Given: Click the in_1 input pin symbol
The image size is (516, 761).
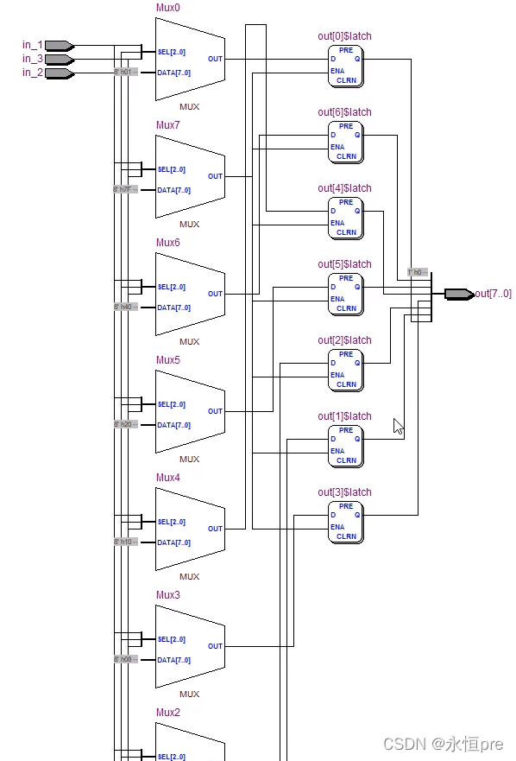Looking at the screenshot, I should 59,45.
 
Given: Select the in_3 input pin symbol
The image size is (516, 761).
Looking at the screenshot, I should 59,60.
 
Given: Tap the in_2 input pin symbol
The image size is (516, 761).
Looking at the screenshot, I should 59,73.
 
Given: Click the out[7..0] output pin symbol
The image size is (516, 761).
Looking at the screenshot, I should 458,294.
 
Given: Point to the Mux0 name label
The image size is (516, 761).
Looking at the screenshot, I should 168,7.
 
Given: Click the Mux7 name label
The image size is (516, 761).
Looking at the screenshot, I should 168,124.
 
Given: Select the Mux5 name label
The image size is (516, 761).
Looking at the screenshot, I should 168,359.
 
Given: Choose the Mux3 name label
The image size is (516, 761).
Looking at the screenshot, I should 168,594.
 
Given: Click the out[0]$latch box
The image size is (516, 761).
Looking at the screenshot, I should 345,67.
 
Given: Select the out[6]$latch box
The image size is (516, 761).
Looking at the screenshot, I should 345,143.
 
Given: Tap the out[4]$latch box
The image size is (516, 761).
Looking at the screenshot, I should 345,219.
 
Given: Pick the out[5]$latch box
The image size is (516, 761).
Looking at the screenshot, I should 345,295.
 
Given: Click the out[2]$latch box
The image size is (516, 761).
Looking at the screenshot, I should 345,371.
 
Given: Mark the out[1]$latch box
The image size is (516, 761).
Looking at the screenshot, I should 345,447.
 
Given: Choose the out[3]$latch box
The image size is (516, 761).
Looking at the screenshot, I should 345,523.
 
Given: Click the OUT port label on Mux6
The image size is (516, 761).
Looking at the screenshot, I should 215,294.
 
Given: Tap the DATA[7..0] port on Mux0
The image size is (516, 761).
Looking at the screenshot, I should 173,73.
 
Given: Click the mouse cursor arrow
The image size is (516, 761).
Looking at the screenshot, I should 398,426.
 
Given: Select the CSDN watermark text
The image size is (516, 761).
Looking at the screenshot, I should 444,744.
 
